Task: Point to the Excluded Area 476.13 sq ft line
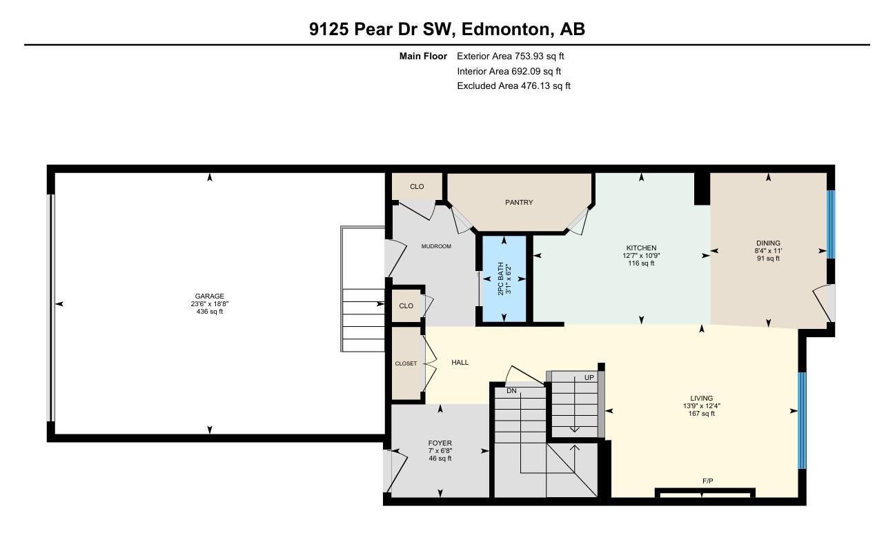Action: coord(513,86)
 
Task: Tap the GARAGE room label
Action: coord(209,297)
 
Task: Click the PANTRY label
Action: coord(519,203)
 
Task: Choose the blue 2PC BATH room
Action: coord(504,279)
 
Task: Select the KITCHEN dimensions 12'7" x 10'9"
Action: coord(641,256)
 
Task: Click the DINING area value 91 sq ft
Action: coord(768,259)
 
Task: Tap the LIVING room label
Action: coord(702,399)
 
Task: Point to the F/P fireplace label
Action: coord(707,481)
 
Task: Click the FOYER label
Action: coord(440,443)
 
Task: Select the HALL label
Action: coord(460,362)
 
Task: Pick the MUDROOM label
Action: coord(436,246)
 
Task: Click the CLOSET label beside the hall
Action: coord(406,363)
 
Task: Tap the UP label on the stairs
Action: coord(589,378)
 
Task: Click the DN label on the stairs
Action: coord(511,391)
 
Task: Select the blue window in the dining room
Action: coord(831,223)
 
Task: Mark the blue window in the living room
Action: coord(802,421)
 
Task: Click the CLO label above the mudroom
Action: coord(417,187)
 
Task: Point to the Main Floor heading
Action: coord(423,57)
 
